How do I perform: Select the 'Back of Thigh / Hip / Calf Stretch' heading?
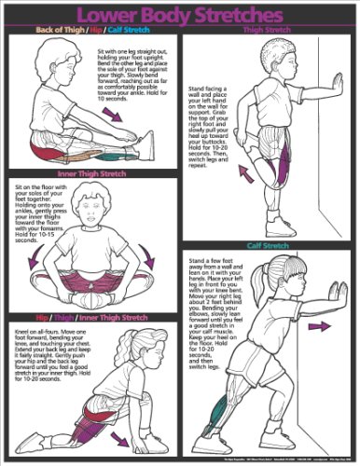point(91,29)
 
